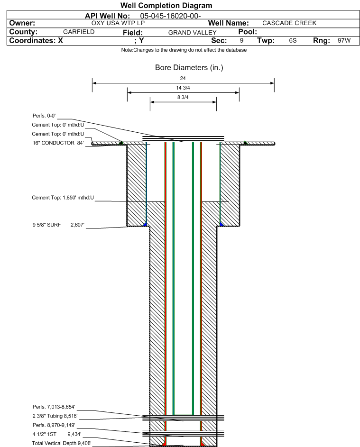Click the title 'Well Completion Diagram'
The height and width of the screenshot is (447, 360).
click(166, 5)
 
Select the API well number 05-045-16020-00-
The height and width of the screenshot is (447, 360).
click(170, 16)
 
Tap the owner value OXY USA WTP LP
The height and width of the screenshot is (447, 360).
click(118, 23)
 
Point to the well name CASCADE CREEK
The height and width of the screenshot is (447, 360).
click(289, 23)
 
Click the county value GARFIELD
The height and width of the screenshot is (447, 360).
click(79, 32)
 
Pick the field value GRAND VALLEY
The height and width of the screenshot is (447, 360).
click(192, 33)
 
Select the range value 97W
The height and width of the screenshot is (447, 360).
click(344, 40)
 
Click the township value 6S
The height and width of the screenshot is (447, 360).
click(293, 40)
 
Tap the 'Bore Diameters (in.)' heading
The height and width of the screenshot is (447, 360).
click(189, 68)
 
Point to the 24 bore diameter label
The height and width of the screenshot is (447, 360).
click(183, 78)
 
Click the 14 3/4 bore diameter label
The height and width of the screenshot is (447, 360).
click(183, 88)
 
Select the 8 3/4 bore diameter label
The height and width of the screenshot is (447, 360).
click(183, 97)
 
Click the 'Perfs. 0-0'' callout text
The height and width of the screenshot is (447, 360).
click(44, 116)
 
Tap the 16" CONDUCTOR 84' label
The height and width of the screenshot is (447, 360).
click(58, 143)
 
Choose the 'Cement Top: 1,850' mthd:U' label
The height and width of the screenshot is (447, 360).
click(63, 198)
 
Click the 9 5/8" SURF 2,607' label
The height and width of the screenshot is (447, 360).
click(58, 225)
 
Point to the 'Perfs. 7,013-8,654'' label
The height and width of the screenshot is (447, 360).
click(54, 407)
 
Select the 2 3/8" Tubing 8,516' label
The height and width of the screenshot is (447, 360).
click(55, 416)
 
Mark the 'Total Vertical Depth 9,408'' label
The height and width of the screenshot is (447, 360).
click(62, 443)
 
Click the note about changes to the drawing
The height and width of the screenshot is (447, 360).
click(184, 50)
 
